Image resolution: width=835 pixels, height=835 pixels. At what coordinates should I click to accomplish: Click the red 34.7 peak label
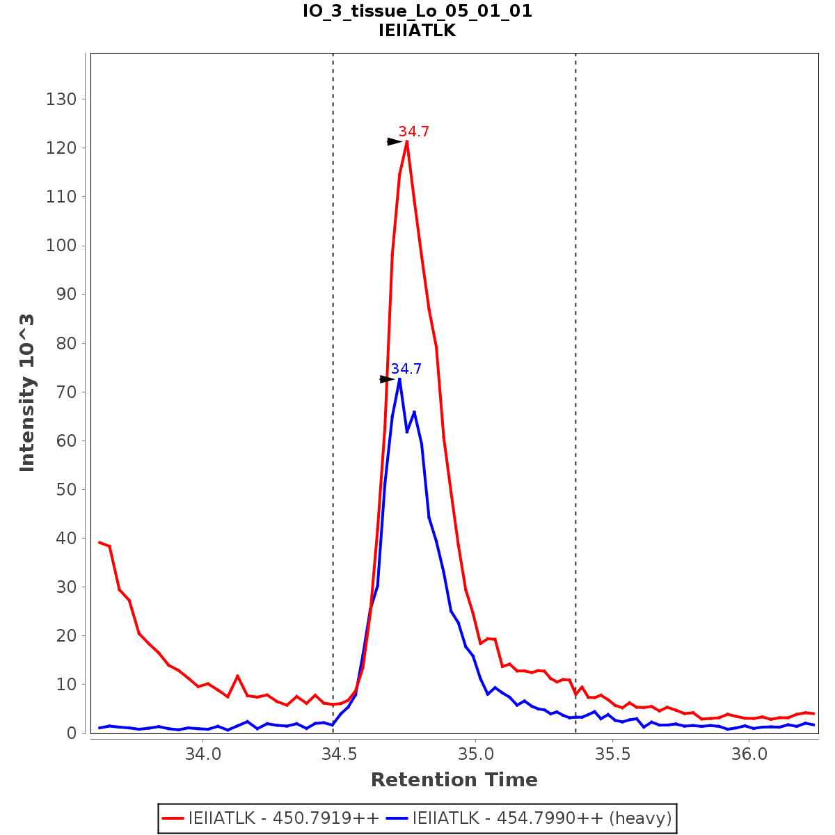coord(413,132)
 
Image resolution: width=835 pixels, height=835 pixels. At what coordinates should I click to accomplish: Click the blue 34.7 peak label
coord(406,369)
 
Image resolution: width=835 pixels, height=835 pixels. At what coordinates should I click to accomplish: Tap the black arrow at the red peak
coord(395,141)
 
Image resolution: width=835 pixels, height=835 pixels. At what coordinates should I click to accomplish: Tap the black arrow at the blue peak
coord(387,379)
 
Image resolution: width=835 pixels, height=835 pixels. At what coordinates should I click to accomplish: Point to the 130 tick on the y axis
coord(61,100)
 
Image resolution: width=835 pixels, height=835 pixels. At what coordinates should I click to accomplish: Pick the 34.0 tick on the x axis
coord(202,754)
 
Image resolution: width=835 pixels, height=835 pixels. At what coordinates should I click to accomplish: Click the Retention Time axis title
coord(454,780)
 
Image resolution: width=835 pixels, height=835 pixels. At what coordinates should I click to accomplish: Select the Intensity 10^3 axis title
coord(27,392)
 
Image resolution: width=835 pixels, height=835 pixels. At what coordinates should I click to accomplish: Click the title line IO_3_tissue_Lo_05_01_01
coord(417,12)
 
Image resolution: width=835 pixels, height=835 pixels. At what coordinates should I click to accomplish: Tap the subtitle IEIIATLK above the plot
coord(417,31)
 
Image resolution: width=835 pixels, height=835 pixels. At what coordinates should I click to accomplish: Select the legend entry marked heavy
coord(542,818)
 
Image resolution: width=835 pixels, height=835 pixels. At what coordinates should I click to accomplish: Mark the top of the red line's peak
coord(406,142)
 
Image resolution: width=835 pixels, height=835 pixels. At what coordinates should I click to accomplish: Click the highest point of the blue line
coord(399,379)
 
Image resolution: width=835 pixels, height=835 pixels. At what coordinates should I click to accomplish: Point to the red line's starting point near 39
coord(100,542)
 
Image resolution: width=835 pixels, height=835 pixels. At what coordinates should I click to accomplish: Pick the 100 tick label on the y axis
coord(61,246)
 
